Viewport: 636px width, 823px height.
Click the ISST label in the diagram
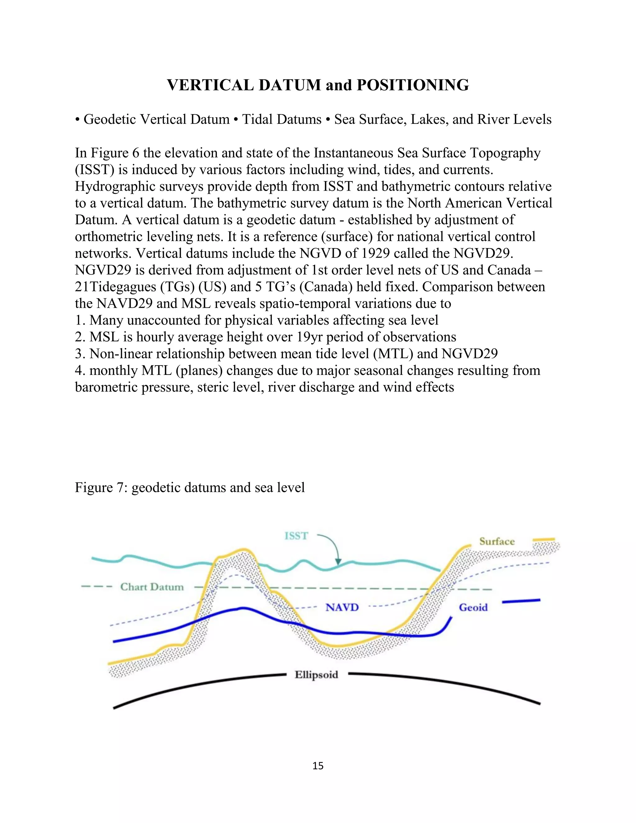[296, 536]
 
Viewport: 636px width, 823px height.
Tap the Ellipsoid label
[316, 675]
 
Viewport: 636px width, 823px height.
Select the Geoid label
[473, 607]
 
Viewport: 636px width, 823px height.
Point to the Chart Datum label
[152, 587]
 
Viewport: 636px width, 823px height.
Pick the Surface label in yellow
[497, 542]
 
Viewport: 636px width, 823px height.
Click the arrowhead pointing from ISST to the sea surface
[338, 562]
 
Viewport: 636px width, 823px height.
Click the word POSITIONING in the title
[413, 85]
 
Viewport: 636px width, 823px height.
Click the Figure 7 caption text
[189, 487]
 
